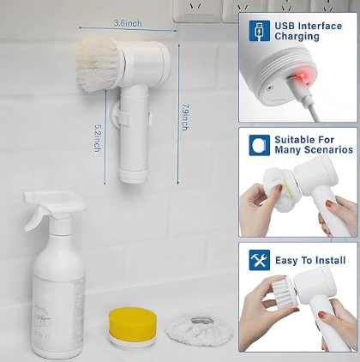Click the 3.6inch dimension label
tap(128, 23)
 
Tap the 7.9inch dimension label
tap(185, 118)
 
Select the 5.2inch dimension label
tap(98, 138)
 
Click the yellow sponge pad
tap(133, 324)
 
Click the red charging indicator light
tap(302, 76)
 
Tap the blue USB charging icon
tap(259, 31)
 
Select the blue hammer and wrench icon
tap(259, 260)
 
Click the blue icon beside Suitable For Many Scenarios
tap(259, 145)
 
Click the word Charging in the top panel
tap(297, 37)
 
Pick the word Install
tap(331, 260)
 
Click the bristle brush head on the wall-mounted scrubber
tap(98, 65)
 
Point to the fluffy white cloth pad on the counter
tap(199, 330)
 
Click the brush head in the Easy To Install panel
tap(284, 294)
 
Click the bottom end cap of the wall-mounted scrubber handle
tap(134, 176)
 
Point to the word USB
tap(285, 26)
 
